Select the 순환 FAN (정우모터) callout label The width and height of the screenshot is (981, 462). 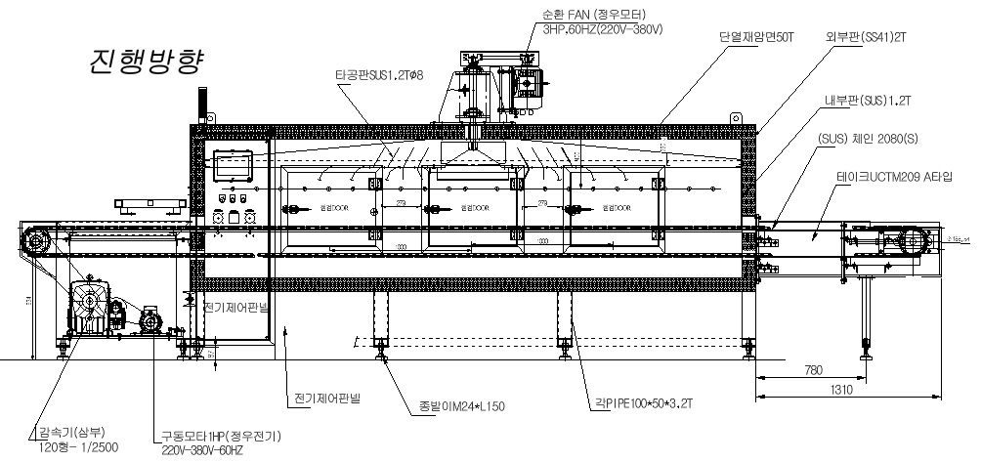pyautogui.click(x=602, y=15)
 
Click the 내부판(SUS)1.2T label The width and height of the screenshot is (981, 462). pyautogui.click(x=869, y=102)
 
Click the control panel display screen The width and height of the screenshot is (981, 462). pyautogui.click(x=235, y=165)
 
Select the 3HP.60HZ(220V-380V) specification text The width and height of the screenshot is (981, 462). pyautogui.click(x=603, y=29)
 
